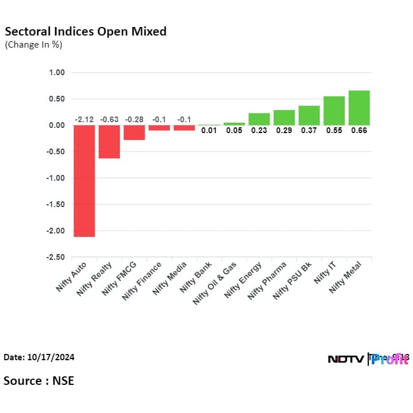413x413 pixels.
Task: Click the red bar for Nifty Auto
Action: coord(84,181)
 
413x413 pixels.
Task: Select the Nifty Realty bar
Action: coord(109,142)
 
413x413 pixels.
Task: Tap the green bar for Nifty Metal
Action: coord(359,108)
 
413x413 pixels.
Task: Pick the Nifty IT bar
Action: coord(334,111)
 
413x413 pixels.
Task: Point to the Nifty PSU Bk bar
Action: coord(309,115)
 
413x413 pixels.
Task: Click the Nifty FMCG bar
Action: coord(134,133)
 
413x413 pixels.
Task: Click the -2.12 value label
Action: coord(84,119)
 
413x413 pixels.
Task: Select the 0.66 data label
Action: coord(359,131)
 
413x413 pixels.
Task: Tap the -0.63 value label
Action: coord(109,119)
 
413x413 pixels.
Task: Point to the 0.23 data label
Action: coord(259,131)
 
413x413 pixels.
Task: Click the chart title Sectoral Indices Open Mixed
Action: coord(85,32)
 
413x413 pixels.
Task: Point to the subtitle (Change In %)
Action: coord(33,45)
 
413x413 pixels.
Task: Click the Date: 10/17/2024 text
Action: coord(39,357)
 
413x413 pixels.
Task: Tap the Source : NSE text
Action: coord(39,380)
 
